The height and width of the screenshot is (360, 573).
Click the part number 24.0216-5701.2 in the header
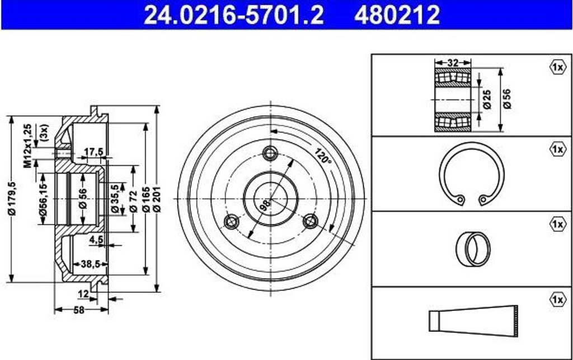pos(234,15)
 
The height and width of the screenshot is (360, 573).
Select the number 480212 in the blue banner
pos(397,15)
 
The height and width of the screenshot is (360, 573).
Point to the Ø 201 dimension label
pos(157,199)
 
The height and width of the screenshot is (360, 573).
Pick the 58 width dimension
pos(79,310)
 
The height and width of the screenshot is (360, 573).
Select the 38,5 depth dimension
pos(90,264)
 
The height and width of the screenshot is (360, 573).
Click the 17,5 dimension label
pos(94,151)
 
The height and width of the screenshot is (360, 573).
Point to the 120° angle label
pos(322,156)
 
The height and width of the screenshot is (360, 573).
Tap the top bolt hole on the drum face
pos(270,153)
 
